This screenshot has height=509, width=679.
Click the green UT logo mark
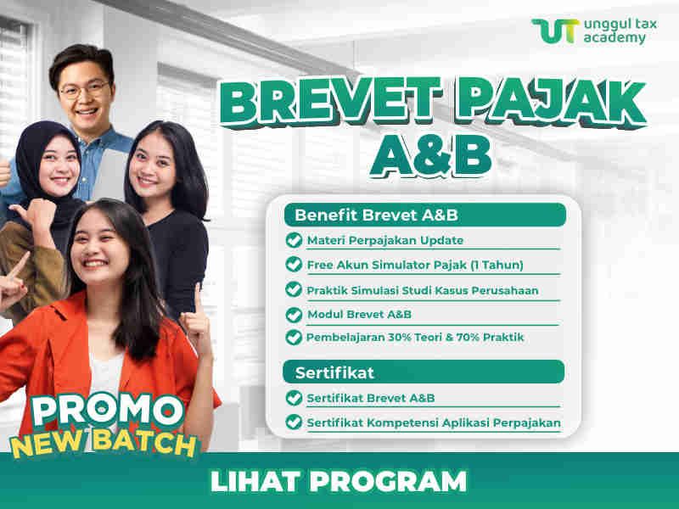(x=555, y=31)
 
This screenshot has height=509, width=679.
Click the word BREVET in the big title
(x=331, y=101)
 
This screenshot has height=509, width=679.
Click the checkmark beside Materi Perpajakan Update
(x=294, y=240)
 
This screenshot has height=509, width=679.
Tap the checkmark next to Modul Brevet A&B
(x=294, y=315)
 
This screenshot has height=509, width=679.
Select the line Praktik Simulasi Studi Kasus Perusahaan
(x=423, y=290)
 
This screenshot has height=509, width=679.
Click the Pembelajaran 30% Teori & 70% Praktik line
(x=415, y=337)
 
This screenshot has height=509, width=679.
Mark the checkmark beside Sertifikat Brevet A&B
(x=294, y=398)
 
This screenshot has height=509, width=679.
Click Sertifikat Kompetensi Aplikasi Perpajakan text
(x=434, y=422)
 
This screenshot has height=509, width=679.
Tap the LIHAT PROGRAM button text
(x=339, y=481)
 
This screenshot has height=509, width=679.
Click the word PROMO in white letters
(x=109, y=410)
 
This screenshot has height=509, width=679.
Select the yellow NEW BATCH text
(x=103, y=444)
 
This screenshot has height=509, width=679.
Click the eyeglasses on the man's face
(x=84, y=90)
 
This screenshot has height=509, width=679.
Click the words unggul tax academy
(x=620, y=31)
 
